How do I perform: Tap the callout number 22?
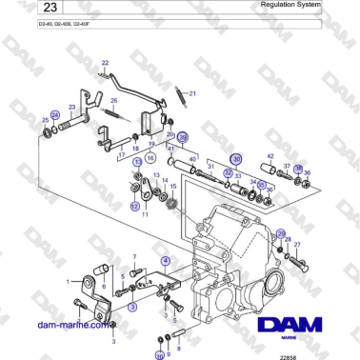point(105,63)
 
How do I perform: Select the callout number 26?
point(114,100)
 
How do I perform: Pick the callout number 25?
point(46,119)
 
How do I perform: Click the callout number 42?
point(270,156)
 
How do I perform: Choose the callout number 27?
point(297,245)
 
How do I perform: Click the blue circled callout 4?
point(166,260)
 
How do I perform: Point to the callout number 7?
point(134,257)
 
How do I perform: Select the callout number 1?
point(68,282)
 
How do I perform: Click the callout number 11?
point(145,214)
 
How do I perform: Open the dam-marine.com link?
point(71,324)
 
